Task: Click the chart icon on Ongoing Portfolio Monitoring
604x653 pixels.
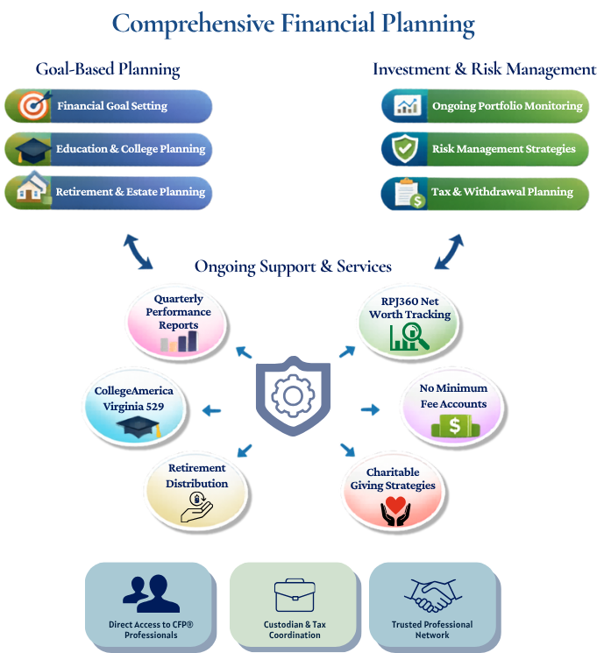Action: [407, 106]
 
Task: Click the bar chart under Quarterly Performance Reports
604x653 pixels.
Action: [179, 342]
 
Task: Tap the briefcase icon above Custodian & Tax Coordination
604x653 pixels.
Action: [294, 596]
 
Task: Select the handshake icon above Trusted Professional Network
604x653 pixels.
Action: [432, 595]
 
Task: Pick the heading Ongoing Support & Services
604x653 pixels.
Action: [293, 266]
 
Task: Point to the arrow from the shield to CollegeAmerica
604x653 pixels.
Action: [211, 409]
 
